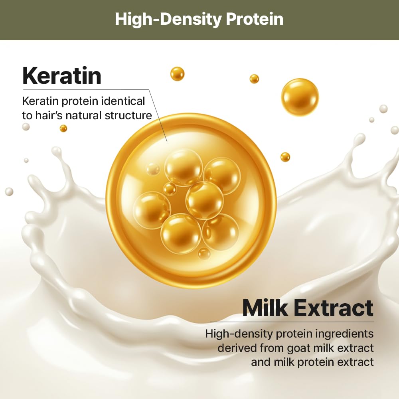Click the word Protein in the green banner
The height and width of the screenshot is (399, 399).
[255, 19]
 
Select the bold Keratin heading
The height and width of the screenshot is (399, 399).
[62, 75]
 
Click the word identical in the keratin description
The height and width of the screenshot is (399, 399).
[123, 101]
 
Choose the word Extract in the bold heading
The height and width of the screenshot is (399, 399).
[334, 308]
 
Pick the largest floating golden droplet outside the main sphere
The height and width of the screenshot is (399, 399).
[300, 97]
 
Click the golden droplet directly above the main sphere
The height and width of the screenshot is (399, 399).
[177, 74]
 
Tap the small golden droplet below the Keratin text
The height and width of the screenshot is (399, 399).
[63, 128]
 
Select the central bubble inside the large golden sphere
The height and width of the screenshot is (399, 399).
[205, 201]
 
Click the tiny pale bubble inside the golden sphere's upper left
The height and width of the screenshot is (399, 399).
[153, 169]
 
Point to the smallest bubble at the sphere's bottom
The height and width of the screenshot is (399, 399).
[204, 253]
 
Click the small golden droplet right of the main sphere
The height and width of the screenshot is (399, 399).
[285, 157]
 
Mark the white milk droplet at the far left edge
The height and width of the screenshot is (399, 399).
[9, 192]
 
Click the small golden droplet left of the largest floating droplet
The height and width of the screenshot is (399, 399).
[254, 79]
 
